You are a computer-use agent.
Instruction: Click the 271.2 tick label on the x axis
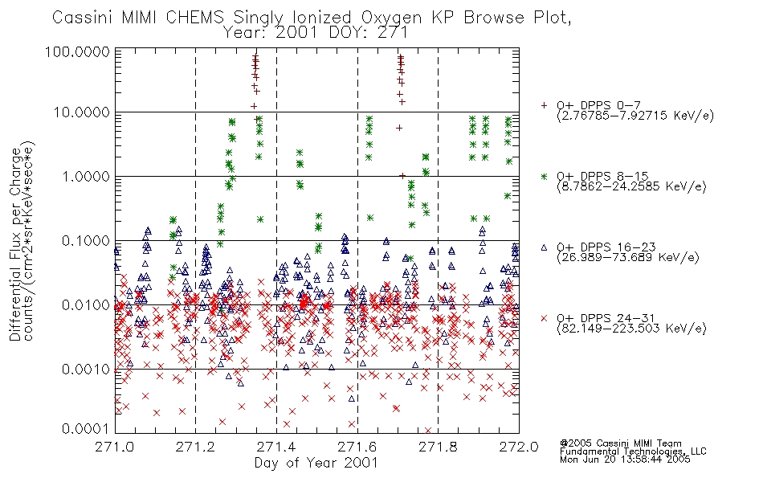coord(195,447)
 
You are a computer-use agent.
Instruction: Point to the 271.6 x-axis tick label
coord(357,447)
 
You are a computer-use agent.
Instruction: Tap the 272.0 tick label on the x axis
coord(519,447)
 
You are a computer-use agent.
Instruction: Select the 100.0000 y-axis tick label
coord(77,51)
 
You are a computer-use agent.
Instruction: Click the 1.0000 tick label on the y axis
coord(86,176)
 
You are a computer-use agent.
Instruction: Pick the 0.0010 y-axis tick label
coord(86,370)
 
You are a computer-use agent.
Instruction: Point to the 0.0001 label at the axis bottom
coord(86,429)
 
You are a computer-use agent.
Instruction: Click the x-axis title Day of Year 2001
coord(316,463)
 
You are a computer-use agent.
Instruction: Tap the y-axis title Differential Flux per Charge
coord(15,244)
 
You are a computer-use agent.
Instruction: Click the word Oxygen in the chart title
coord(391,18)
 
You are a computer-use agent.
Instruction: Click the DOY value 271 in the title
coord(392,33)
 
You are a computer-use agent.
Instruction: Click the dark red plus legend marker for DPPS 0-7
coord(544,105)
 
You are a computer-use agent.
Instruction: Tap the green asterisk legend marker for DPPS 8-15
coord(544,176)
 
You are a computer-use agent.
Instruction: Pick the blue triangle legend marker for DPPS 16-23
coord(544,247)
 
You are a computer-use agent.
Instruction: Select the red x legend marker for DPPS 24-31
coord(544,318)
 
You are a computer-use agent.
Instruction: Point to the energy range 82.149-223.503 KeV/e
coord(631,329)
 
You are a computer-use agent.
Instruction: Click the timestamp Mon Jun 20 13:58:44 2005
coord(625,460)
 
